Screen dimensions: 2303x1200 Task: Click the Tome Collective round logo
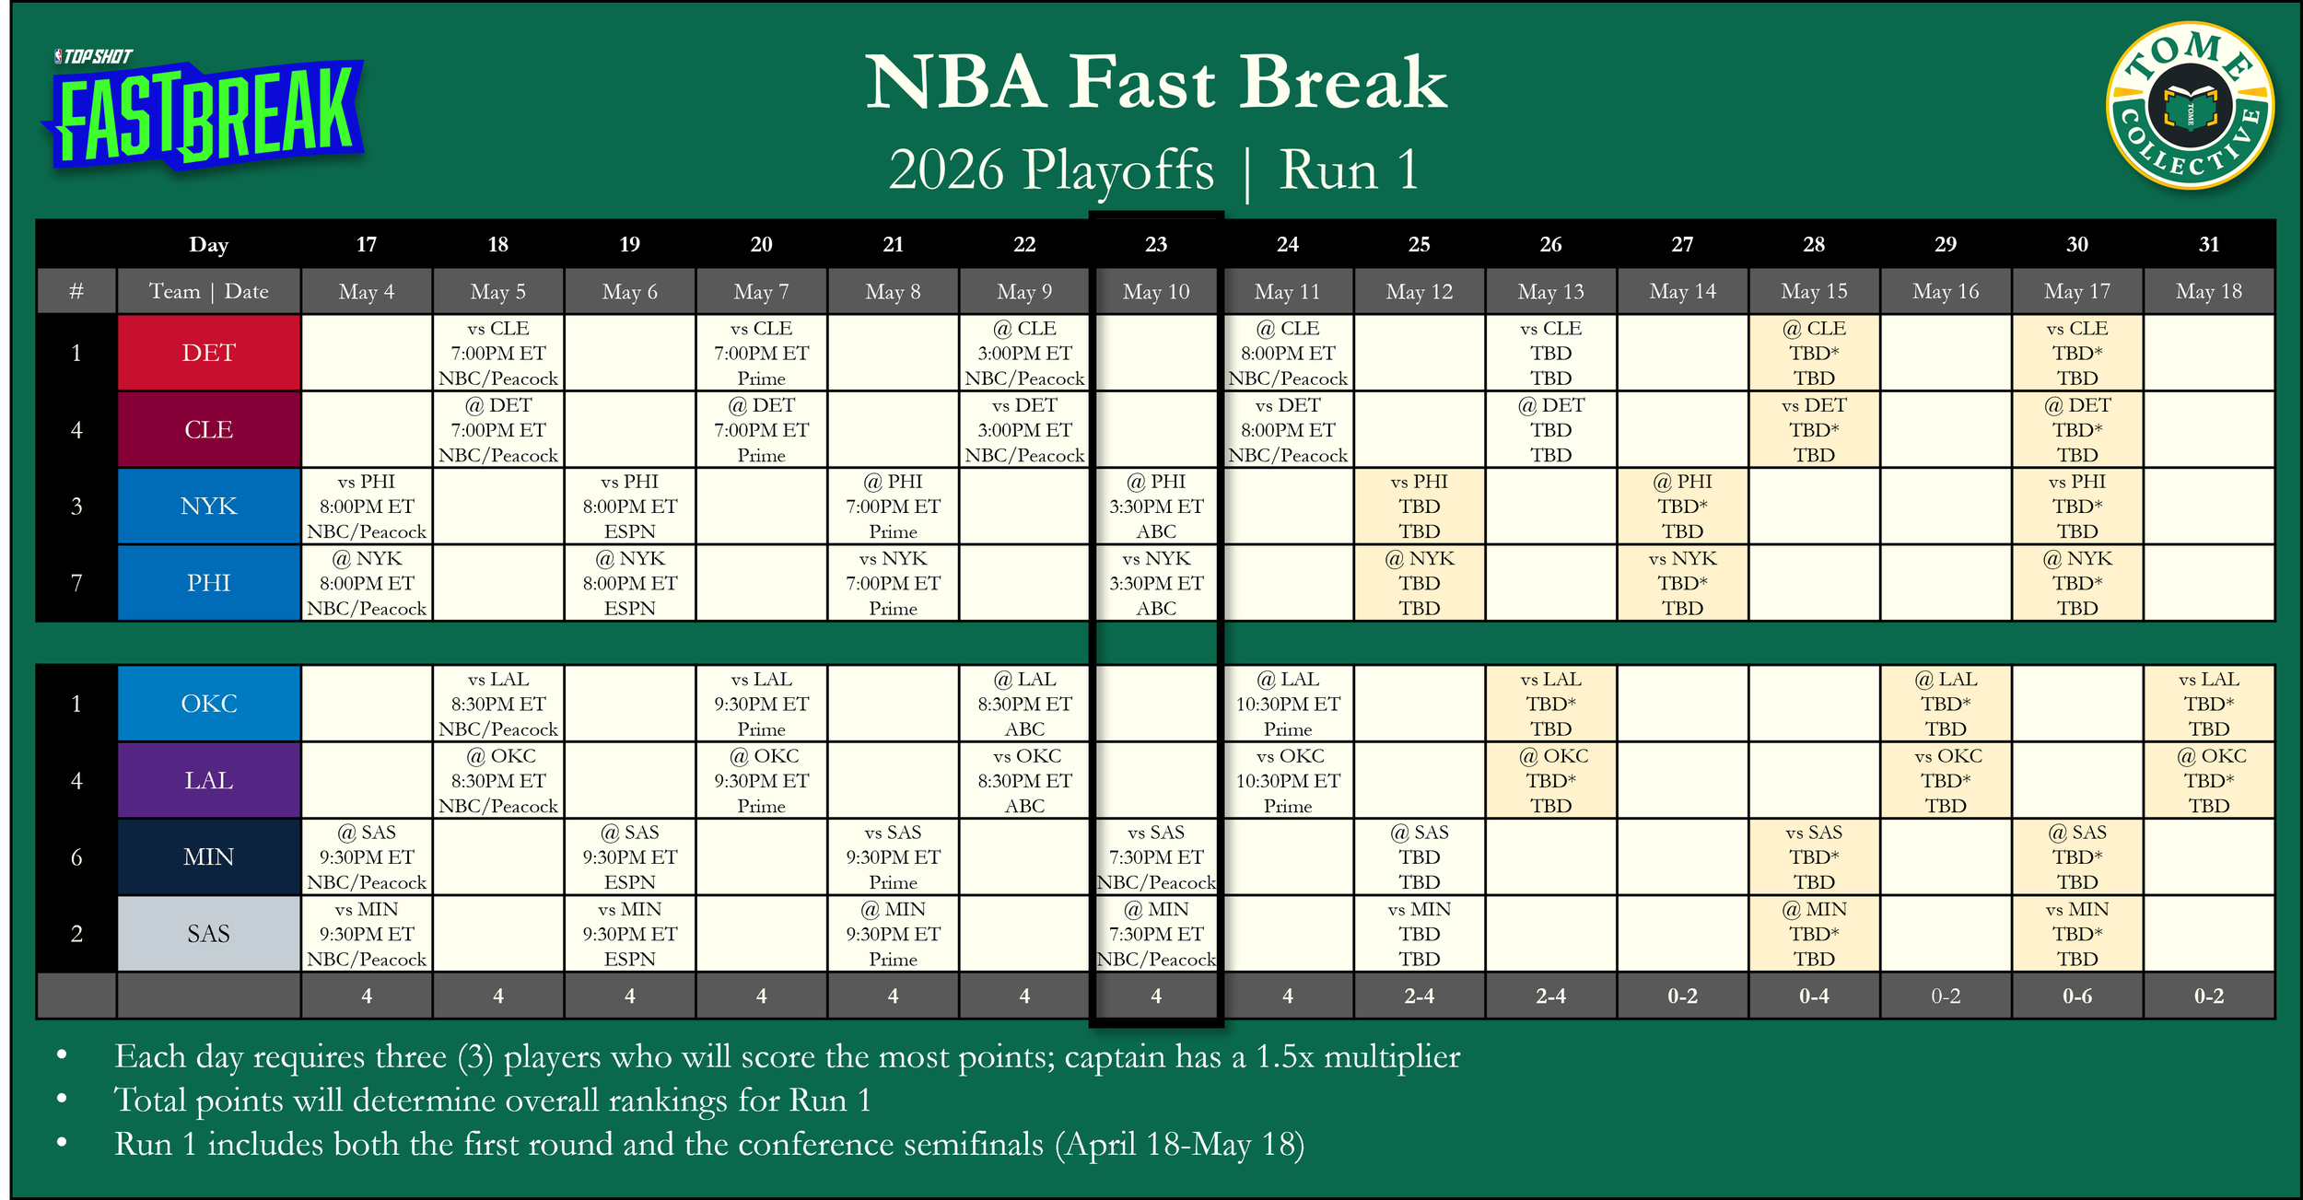click(x=2190, y=105)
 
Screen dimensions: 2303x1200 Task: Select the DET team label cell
click(x=209, y=353)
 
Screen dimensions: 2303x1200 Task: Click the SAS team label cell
click(x=209, y=934)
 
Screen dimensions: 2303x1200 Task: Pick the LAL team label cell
click(x=209, y=780)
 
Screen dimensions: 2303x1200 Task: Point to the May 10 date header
click(x=1156, y=292)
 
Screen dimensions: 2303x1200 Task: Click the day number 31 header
click(x=2209, y=244)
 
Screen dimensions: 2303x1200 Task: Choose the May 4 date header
click(x=367, y=292)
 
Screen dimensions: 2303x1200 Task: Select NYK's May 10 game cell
click(x=1156, y=507)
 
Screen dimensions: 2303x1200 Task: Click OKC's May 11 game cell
click(x=1288, y=704)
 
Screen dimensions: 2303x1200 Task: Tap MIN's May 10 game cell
click(x=1156, y=857)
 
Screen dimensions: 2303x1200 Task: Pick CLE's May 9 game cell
click(x=1024, y=430)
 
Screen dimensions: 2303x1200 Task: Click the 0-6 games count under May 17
click(x=2077, y=996)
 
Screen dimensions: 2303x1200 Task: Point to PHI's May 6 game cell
click(x=630, y=583)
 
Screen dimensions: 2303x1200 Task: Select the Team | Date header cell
click(x=209, y=292)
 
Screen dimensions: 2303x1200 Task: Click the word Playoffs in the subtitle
click(x=1118, y=170)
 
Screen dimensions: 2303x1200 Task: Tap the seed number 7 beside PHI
click(x=76, y=583)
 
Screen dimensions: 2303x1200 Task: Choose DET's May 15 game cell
click(x=1814, y=353)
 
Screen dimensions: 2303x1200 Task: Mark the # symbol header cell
click(x=76, y=292)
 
